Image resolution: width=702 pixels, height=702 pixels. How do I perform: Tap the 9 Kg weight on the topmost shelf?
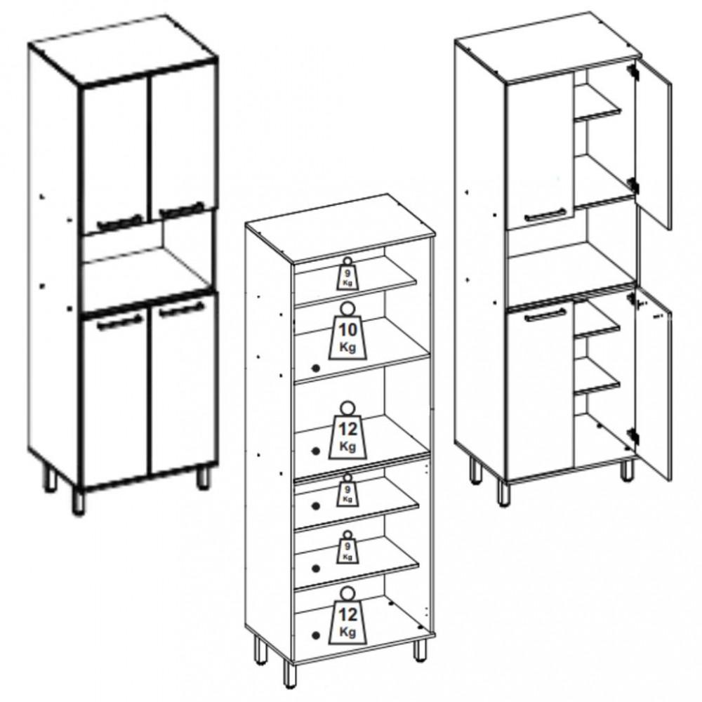click(x=347, y=274)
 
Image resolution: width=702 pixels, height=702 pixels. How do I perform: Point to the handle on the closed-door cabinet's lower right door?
click(x=182, y=309)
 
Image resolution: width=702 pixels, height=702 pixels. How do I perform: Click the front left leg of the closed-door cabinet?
click(x=78, y=502)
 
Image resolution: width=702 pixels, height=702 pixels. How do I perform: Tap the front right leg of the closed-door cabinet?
click(x=204, y=477)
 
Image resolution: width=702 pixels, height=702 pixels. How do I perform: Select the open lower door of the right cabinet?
click(x=653, y=385)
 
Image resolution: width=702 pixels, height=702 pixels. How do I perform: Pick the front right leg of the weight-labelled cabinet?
click(x=420, y=651)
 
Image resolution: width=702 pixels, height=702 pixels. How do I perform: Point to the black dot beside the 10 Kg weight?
click(x=316, y=368)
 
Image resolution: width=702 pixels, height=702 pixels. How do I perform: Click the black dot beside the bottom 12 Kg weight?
click(x=316, y=635)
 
